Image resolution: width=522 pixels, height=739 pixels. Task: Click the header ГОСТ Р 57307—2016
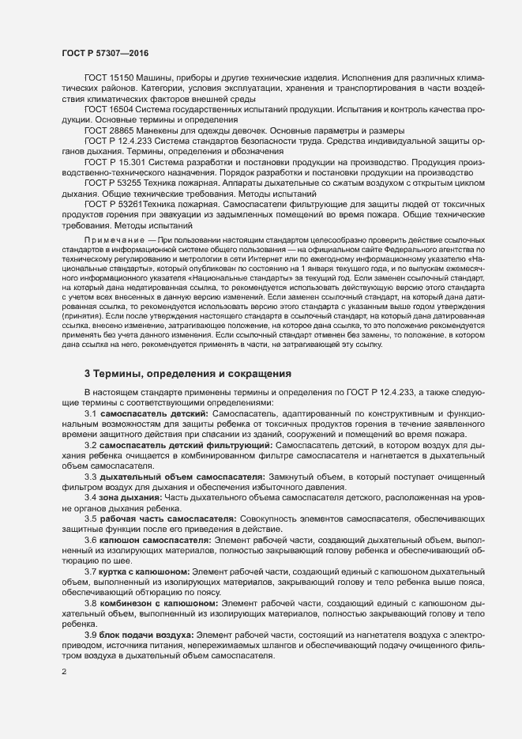(x=103, y=53)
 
